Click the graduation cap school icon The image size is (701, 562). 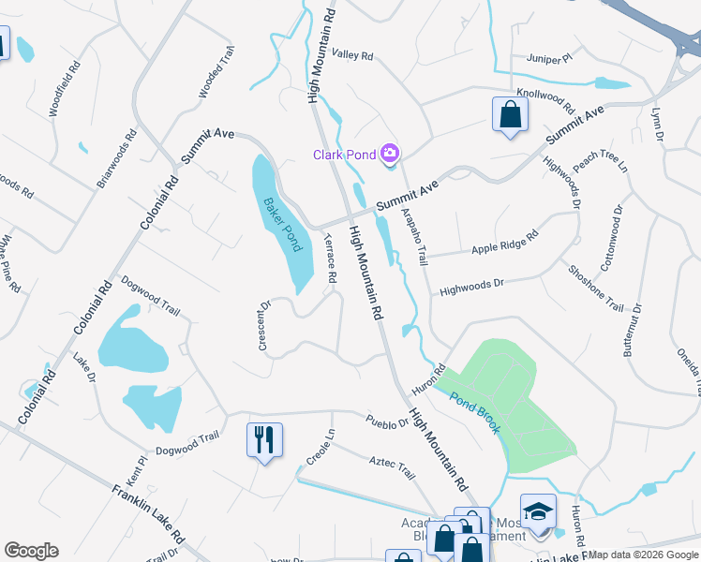(538, 511)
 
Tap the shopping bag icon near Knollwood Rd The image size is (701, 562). (509, 115)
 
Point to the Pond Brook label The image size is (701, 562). (475, 413)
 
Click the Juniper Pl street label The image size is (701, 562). (548, 59)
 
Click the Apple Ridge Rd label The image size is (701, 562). (504, 243)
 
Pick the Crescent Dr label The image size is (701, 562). (264, 325)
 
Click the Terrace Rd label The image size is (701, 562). (330, 259)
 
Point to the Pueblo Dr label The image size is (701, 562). (388, 421)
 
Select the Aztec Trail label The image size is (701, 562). (392, 469)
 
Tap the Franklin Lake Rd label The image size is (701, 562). (147, 514)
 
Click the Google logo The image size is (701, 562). (31, 551)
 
